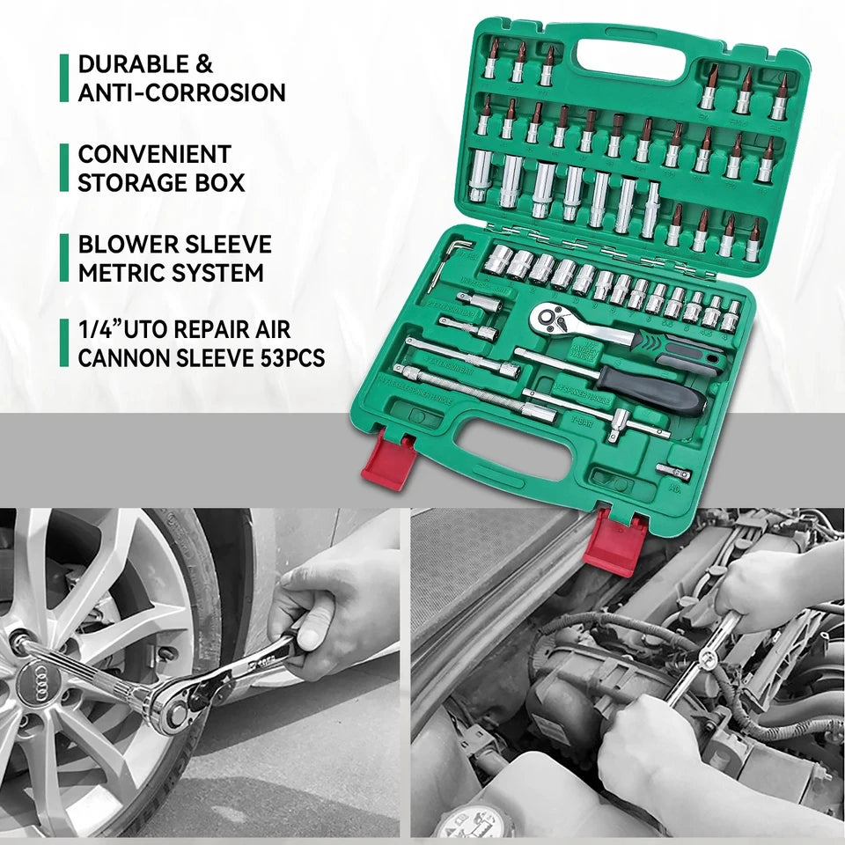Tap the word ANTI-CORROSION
[181, 92]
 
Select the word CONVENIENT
[154, 154]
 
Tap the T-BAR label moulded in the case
[582, 421]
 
